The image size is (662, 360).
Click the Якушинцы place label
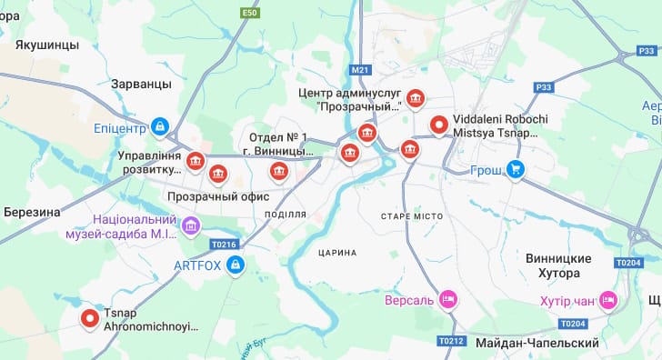[41, 44]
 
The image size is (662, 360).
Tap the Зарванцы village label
[141, 84]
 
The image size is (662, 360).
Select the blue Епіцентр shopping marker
[160, 126]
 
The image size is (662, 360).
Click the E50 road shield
[251, 13]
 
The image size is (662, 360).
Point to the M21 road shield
[361, 69]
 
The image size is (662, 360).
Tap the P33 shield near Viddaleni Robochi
[544, 87]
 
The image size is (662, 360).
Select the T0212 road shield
[451, 341]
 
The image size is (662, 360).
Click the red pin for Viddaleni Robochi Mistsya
[439, 125]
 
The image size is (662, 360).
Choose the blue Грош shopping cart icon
[516, 168]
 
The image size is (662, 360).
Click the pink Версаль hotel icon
[447, 298]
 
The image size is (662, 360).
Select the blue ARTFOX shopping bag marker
[236, 265]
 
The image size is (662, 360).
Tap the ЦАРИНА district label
[338, 252]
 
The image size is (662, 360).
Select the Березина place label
[31, 212]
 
